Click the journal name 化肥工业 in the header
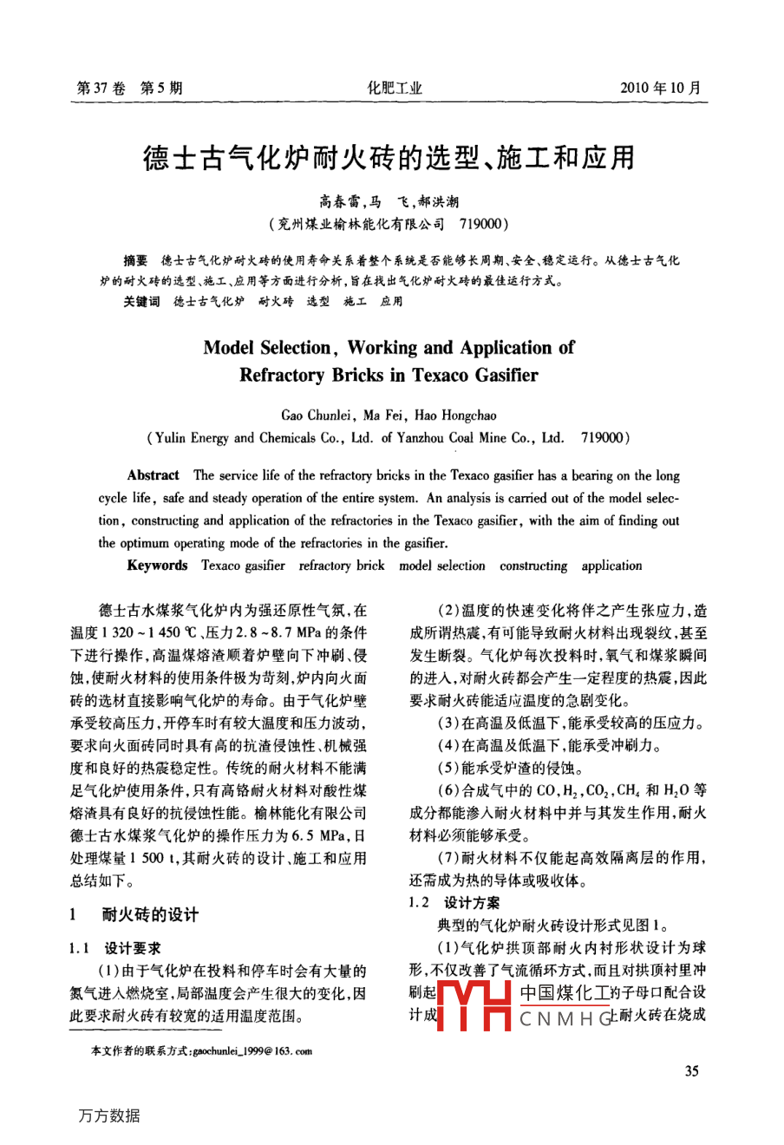[395, 88]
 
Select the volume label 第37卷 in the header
[101, 88]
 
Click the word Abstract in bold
[153, 475]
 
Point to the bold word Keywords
[157, 566]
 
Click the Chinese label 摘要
[136, 260]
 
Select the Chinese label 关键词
[141, 301]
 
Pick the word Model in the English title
[228, 348]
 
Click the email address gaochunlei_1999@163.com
[252, 1050]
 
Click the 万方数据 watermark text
[109, 1116]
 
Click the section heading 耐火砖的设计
[150, 914]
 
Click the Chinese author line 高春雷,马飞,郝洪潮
[389, 202]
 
